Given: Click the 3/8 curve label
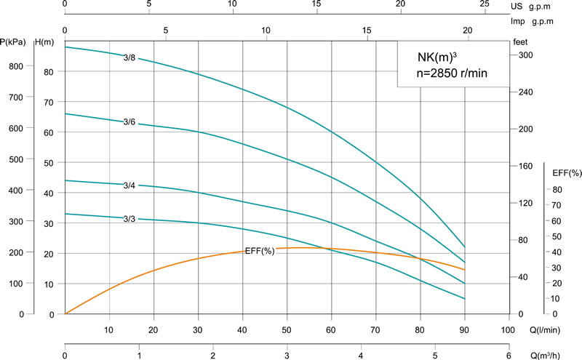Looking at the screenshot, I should pyautogui.click(x=129, y=57).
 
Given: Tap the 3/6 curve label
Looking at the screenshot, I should pyautogui.click(x=129, y=121).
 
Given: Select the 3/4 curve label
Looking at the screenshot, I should pyautogui.click(x=129, y=185).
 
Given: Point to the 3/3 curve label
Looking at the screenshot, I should pyautogui.click(x=129, y=218).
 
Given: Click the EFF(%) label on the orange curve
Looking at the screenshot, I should pyautogui.click(x=260, y=251).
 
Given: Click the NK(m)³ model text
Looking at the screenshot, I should pyautogui.click(x=436, y=56).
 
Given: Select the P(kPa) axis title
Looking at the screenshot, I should pyautogui.click(x=14, y=42).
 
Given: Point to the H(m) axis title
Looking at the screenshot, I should pyautogui.click(x=45, y=42).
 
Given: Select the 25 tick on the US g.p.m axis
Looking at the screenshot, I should pyautogui.click(x=485, y=4).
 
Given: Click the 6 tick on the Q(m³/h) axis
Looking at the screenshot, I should pyautogui.click(x=508, y=355).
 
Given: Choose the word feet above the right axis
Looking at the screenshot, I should pyautogui.click(x=521, y=42).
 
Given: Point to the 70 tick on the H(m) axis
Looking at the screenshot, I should pyautogui.click(x=49, y=103).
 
